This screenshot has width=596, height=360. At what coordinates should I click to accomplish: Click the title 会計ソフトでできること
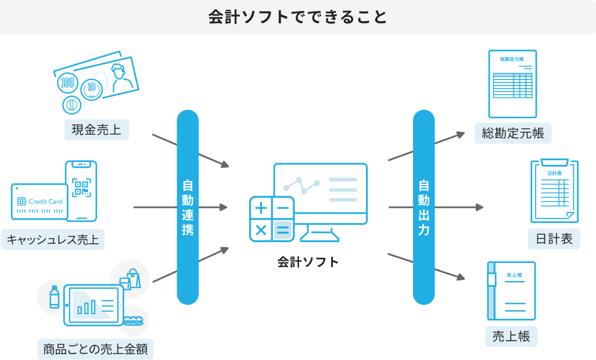(x=297, y=17)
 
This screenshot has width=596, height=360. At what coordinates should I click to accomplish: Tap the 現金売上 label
(x=96, y=129)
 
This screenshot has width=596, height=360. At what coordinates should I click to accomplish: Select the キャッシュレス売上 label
(x=53, y=239)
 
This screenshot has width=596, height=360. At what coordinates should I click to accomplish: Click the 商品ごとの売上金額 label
(x=95, y=349)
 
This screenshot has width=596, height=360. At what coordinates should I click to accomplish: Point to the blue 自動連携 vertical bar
(x=188, y=207)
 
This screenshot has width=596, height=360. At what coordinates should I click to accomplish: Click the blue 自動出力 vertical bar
(x=424, y=207)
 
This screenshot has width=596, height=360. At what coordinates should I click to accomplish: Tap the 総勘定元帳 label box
(x=513, y=133)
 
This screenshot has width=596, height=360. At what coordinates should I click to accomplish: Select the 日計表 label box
(x=554, y=239)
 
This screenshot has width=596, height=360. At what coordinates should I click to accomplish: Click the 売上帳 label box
(x=511, y=336)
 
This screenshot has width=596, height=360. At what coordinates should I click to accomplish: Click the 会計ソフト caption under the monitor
(x=308, y=262)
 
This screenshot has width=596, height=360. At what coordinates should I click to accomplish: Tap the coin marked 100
(x=67, y=82)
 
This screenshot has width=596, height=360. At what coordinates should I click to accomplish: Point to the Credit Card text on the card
(x=46, y=201)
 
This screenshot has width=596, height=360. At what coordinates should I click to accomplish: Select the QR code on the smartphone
(x=81, y=188)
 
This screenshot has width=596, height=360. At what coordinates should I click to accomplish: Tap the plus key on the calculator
(x=261, y=208)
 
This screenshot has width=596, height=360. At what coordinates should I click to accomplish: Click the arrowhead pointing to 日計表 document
(x=479, y=207)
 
